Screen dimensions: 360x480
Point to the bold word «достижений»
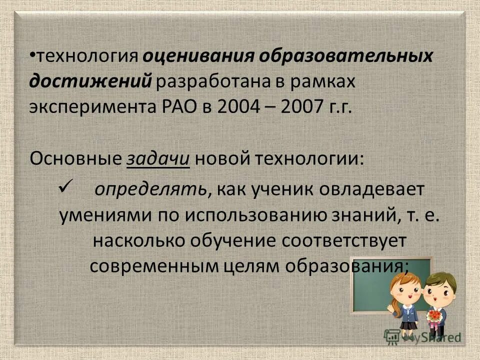90,81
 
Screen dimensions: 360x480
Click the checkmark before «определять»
65,188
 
